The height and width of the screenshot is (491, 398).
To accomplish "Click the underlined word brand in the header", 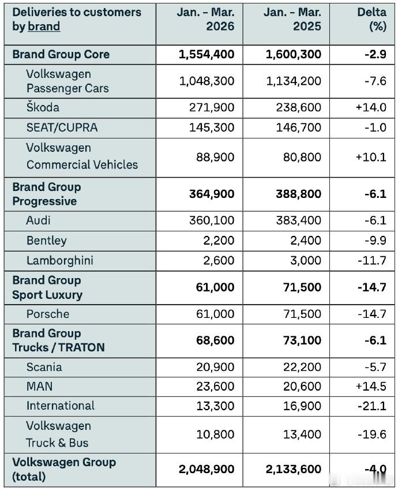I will point(44,27).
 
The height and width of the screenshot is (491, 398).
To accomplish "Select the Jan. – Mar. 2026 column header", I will point(207,20).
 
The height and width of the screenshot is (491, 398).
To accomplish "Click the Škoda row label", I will point(43,108).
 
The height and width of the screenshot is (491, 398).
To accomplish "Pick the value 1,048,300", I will point(206,81).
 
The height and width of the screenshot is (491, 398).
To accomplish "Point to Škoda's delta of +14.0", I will point(371,108).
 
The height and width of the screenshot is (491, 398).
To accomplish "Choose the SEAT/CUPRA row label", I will point(62,128).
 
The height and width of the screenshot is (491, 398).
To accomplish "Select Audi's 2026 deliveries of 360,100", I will point(211,220).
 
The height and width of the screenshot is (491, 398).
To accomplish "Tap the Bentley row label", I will point(46,241).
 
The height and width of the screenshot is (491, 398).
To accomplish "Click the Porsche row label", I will point(48,314).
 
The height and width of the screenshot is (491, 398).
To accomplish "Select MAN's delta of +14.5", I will point(371,387).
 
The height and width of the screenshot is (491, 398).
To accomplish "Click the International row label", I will point(60,406).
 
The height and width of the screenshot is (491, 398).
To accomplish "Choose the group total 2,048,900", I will point(206,469).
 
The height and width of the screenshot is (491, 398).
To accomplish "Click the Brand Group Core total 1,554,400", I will point(206,54).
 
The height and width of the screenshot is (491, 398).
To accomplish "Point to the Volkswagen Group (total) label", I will point(64,469).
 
